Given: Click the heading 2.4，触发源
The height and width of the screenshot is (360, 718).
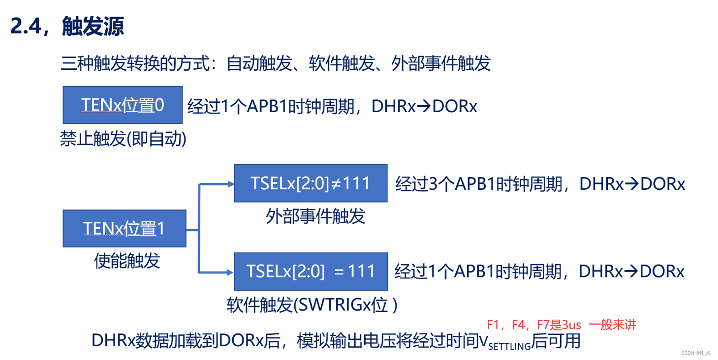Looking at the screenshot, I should pos(67,27).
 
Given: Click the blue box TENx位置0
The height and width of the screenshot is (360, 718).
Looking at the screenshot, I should pos(123,105).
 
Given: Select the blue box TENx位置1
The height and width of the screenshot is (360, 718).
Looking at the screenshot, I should pos(125,228).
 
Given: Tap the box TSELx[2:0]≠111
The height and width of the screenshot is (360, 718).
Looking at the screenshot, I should pos(311,183).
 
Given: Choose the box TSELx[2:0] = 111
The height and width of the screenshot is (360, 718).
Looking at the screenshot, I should pos(311,271).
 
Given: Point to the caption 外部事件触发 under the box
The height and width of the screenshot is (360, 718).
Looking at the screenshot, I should pos(316,216).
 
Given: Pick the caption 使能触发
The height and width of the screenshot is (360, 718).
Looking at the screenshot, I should pos(127,260).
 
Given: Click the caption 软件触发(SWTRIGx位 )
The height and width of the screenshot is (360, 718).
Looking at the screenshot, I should pos(312,305).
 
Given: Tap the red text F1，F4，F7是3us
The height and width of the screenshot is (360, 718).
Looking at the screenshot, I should pos(534,325).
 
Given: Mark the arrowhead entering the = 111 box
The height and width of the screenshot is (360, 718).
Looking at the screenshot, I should pos(230,271).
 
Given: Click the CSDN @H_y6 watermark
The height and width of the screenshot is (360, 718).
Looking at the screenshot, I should pos(696,353).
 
